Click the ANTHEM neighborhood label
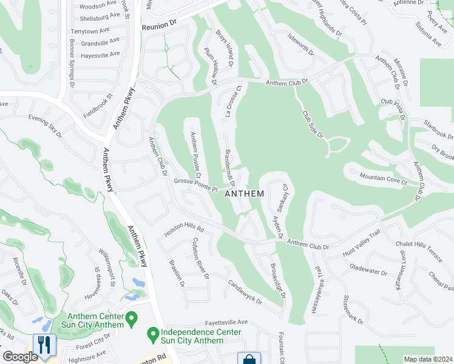pos(245,194)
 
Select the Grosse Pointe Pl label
pos(196,186)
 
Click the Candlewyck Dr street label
pos(245,292)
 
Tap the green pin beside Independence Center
pos(153,334)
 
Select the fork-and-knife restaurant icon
pos(44,346)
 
